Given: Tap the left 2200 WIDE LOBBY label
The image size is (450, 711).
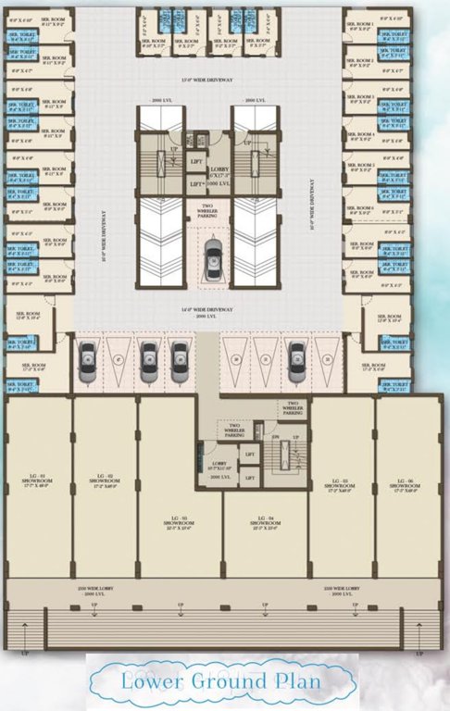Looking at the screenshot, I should click(99, 589).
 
